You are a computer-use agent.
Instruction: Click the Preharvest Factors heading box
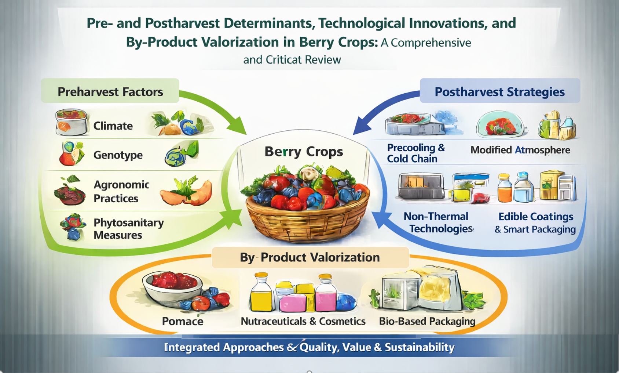110,91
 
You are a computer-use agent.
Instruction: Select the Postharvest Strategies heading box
500,91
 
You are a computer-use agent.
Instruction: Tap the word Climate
113,126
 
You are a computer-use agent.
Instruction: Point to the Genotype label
118,155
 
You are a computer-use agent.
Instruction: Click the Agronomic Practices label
122,192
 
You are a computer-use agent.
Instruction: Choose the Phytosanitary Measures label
129,229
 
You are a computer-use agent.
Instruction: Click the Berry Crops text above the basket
304,152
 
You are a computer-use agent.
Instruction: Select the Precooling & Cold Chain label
416,153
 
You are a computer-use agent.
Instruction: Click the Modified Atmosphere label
520,150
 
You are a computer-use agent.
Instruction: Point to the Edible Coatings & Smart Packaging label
535,223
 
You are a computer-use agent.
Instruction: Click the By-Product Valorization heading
310,257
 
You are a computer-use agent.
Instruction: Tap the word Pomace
183,321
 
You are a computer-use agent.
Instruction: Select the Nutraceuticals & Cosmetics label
303,321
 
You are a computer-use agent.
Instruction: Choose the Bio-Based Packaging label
427,322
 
